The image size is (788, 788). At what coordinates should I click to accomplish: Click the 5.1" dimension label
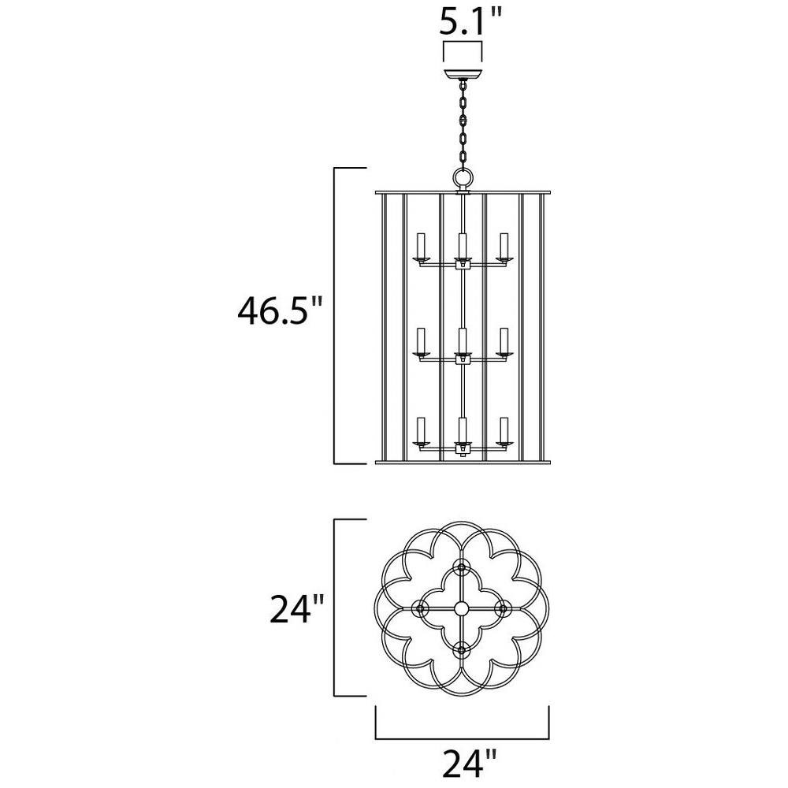pyautogui.click(x=471, y=21)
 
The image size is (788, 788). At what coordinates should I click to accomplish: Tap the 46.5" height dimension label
pyautogui.click(x=280, y=311)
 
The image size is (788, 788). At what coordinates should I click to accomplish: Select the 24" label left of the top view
pyautogui.click(x=295, y=608)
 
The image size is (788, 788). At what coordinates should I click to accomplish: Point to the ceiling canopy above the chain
pyautogui.click(x=463, y=73)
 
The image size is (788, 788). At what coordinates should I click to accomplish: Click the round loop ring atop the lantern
pyautogui.click(x=463, y=177)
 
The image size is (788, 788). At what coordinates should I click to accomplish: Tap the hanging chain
pyautogui.click(x=463, y=125)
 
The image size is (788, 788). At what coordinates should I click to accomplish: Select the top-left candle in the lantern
pyautogui.click(x=421, y=245)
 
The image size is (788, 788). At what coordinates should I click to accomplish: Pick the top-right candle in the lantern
pyautogui.click(x=504, y=245)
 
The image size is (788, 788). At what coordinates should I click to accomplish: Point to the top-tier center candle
pyautogui.click(x=463, y=245)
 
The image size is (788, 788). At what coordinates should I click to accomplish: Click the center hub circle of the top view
pyautogui.click(x=461, y=608)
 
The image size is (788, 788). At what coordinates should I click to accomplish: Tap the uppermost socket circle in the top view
pyautogui.click(x=461, y=567)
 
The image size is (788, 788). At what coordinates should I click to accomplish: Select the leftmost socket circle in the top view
pyautogui.click(x=420, y=608)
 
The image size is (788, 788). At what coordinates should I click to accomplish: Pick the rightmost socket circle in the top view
pyautogui.click(x=502, y=608)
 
